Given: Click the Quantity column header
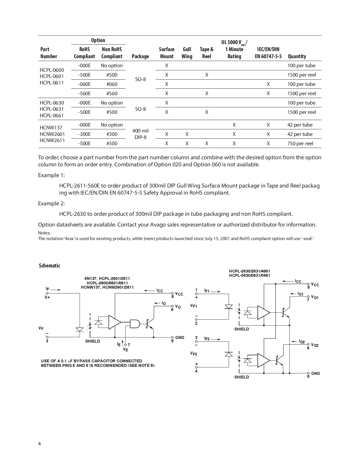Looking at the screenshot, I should click(297, 56).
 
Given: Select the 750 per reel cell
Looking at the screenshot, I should click(300, 143).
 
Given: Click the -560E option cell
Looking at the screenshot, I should click(84, 93).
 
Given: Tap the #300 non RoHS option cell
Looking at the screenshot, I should click(112, 134).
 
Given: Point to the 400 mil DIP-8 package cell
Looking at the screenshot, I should click(140, 134).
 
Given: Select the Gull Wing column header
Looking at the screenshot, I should click(187, 53).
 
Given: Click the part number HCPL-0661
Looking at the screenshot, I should click(52, 115).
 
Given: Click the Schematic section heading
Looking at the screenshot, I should click(49, 265).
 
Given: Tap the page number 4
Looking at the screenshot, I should click(40, 444).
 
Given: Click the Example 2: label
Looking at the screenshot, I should click(51, 203).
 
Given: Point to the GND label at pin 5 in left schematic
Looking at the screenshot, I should click(180, 337).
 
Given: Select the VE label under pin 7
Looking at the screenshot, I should click(126, 350).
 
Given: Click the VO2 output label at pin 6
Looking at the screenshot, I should click(315, 345).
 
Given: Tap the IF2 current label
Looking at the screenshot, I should click(207, 339).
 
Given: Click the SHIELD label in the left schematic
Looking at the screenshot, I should click(93, 341).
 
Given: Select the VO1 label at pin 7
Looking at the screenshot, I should click(315, 297).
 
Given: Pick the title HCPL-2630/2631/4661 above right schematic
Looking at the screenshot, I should click(249, 271).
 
